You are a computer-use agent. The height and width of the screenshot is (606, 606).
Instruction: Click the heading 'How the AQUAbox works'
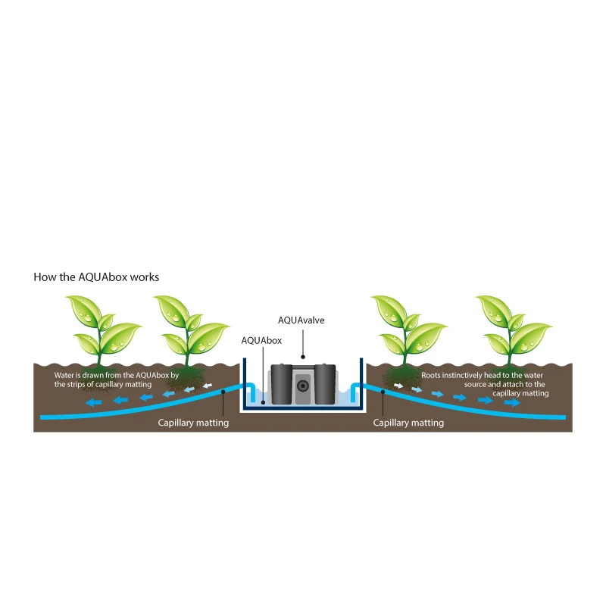click(96, 276)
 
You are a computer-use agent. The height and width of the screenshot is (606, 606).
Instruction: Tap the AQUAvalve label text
click(301, 320)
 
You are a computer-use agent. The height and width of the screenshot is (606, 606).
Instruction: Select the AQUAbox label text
click(261, 341)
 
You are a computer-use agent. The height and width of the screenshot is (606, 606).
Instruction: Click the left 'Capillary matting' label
click(193, 423)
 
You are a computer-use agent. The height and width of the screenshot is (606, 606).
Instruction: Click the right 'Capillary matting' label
click(408, 423)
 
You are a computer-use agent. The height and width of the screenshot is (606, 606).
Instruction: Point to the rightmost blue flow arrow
click(513, 403)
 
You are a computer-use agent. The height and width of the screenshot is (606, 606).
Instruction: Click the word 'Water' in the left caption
click(66, 376)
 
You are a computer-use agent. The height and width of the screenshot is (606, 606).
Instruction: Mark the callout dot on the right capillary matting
click(383, 393)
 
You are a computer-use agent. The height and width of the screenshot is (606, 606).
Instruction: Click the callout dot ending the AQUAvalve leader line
click(302, 356)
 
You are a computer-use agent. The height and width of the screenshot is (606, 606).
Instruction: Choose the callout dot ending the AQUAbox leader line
click(262, 402)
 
